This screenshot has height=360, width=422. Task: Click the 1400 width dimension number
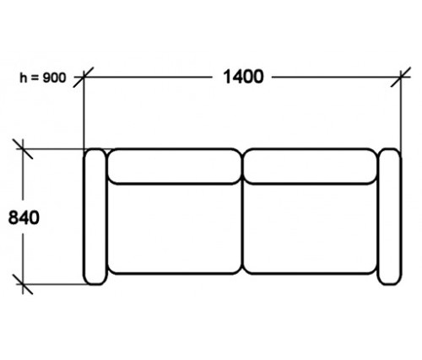pyautogui.click(x=243, y=77)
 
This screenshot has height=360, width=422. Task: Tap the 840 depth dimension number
pyautogui.click(x=24, y=218)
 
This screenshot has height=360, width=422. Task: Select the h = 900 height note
pyautogui.click(x=43, y=78)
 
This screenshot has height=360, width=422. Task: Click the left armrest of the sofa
pyautogui.click(x=95, y=217)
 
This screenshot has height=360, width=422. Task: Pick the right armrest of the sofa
pyautogui.click(x=390, y=217)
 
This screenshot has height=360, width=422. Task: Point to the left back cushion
pyautogui.click(x=175, y=166)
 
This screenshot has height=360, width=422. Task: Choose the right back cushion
pyautogui.click(x=310, y=166)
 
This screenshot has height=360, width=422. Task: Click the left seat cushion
pyautogui.click(x=175, y=228)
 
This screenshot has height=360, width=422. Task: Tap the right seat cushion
pyautogui.click(x=310, y=228)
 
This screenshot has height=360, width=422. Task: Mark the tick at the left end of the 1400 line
pyautogui.click(x=84, y=77)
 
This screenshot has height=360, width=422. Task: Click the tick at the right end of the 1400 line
pyautogui.click(x=401, y=77)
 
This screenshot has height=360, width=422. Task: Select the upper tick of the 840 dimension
pyautogui.click(x=23, y=148)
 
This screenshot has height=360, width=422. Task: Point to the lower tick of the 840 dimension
pyautogui.click(x=23, y=284)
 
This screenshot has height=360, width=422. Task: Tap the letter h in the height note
pyautogui.click(x=23, y=78)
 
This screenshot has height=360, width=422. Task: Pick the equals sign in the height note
pyautogui.click(x=35, y=78)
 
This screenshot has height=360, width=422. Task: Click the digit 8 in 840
pyautogui.click(x=14, y=218)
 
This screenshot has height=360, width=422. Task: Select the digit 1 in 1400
pyautogui.click(x=227, y=77)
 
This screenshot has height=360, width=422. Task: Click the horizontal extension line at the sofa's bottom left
pyautogui.click(x=53, y=284)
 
